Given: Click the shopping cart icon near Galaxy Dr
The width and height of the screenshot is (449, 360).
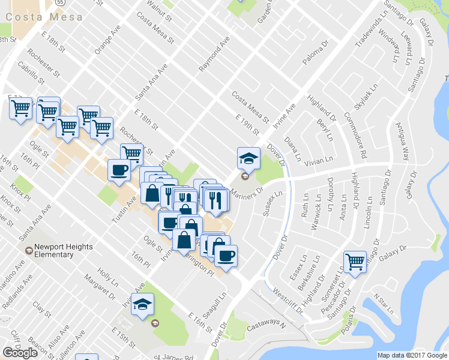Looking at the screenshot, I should point(355,262).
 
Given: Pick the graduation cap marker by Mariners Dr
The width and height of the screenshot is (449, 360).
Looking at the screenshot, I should point(249,158).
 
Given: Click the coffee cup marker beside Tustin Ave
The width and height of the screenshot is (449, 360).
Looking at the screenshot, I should point(118,170).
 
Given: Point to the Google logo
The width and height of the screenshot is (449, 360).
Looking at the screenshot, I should point(20,353).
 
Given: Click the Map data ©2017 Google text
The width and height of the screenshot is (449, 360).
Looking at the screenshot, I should point(412,355).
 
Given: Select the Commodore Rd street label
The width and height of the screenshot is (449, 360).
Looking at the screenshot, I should point(355,129).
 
